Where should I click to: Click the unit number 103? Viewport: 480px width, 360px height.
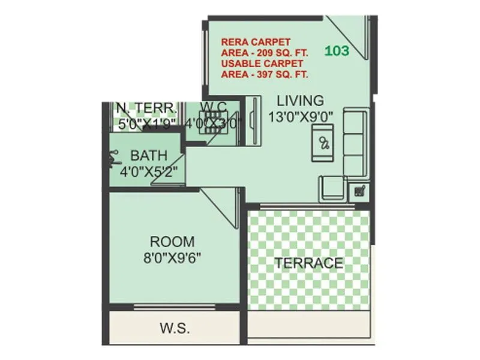(337, 51)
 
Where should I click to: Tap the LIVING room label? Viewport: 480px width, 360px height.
(300, 101)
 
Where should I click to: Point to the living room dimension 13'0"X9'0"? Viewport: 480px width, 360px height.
(301, 116)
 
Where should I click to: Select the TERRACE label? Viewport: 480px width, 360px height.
(309, 263)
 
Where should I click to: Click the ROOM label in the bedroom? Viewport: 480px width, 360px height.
(172, 242)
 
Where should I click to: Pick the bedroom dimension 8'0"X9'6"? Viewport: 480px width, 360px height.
(172, 258)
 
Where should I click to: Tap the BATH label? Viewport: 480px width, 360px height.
(148, 155)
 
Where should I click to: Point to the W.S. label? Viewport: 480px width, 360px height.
(175, 328)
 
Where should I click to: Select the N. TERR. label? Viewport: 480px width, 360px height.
(146, 108)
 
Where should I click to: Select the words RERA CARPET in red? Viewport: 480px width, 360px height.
(256, 42)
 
